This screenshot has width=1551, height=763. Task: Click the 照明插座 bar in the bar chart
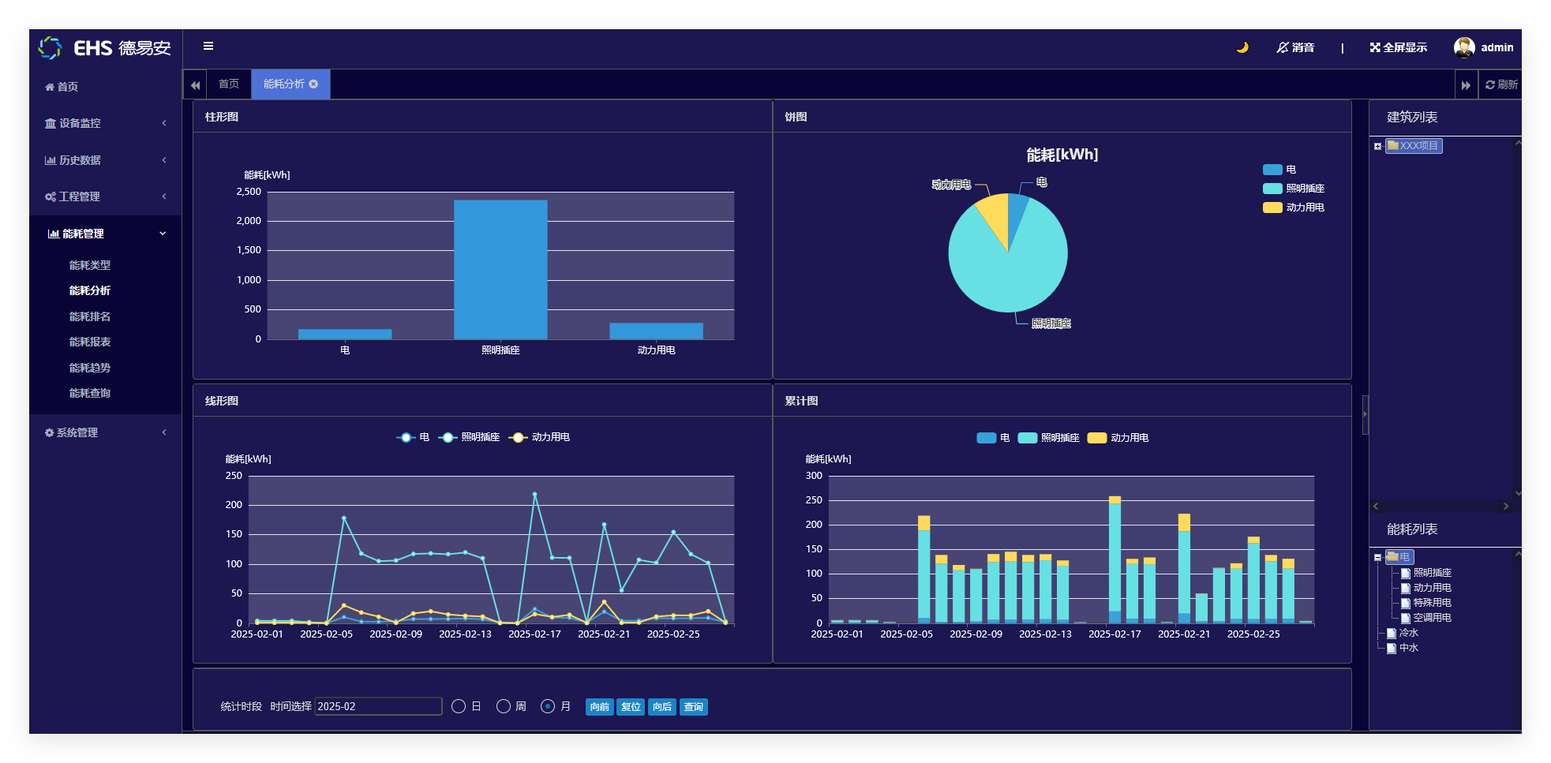tap(500, 269)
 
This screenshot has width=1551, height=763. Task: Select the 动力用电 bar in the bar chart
tap(656, 331)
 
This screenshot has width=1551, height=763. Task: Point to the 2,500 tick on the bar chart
tap(249, 192)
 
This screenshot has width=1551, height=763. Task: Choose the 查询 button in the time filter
tap(693, 707)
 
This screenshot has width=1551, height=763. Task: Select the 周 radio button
tap(504, 706)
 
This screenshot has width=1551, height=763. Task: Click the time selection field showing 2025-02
tap(378, 706)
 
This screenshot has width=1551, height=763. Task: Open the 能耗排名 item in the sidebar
tap(90, 316)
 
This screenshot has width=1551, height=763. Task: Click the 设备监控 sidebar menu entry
tap(80, 123)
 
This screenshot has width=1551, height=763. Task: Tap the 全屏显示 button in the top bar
tap(1399, 47)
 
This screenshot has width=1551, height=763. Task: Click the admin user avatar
tap(1463, 47)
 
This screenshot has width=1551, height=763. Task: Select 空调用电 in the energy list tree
tap(1432, 618)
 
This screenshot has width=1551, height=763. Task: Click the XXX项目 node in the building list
tap(1418, 146)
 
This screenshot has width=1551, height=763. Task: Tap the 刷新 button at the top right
tap(1501, 84)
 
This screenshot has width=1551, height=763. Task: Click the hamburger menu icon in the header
tap(208, 46)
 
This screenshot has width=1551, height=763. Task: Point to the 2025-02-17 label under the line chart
tap(534, 634)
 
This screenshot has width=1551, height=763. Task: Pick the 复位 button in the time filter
tap(631, 707)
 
